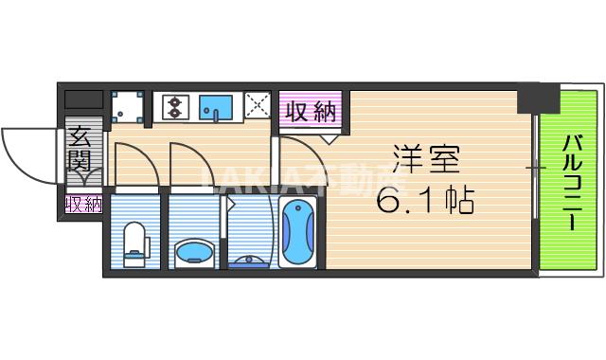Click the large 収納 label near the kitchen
311,111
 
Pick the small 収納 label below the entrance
83,204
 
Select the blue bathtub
300,234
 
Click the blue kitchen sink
218,109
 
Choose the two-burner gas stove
175,108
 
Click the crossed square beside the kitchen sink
257,106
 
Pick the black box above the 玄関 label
83,98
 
